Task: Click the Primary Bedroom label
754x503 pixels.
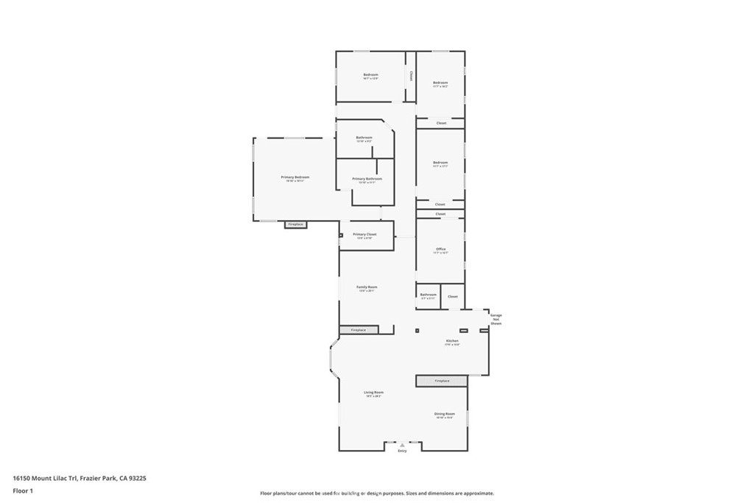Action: click(x=295, y=177)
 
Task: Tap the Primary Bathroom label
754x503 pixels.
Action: click(x=367, y=179)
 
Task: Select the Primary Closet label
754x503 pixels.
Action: click(x=364, y=234)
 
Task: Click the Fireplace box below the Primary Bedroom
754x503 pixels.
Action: click(x=295, y=224)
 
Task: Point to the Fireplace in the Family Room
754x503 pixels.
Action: click(x=359, y=330)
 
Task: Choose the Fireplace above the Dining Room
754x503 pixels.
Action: click(x=442, y=381)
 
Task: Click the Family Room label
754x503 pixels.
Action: click(x=367, y=287)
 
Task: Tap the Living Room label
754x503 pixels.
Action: click(x=373, y=393)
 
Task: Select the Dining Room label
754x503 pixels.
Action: click(x=445, y=414)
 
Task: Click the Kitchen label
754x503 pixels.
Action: click(x=452, y=341)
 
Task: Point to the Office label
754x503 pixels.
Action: click(x=440, y=249)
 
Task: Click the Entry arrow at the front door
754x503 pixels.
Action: click(x=402, y=445)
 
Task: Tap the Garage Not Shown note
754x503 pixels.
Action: click(x=496, y=319)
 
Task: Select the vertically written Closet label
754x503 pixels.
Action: click(x=411, y=76)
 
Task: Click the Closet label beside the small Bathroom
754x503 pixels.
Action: click(x=453, y=296)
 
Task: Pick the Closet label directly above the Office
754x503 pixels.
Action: click(x=440, y=214)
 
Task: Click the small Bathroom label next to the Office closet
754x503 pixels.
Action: click(x=429, y=295)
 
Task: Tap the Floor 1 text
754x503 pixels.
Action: click(x=23, y=490)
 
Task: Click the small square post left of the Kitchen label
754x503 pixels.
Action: click(x=417, y=331)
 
